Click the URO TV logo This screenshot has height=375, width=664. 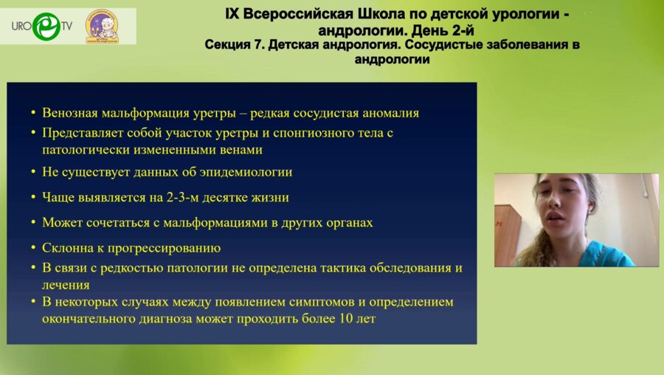click(x=41, y=26)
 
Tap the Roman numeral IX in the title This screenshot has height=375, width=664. click(x=235, y=14)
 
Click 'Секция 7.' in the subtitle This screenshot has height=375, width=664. click(x=235, y=45)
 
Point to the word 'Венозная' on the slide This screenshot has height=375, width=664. click(x=71, y=113)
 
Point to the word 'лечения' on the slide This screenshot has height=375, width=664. click(x=66, y=284)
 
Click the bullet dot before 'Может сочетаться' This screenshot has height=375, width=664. click(x=33, y=222)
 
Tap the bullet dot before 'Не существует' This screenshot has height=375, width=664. click(x=33, y=172)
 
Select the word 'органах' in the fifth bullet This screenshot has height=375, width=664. click(x=348, y=222)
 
